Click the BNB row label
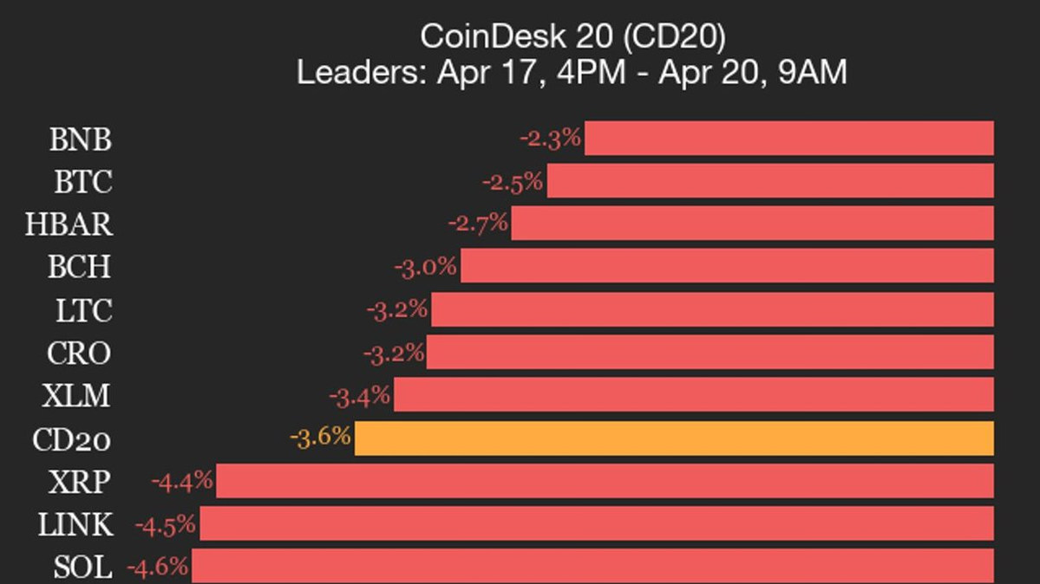[x=80, y=140]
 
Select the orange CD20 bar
[x=674, y=438]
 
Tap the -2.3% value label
[x=550, y=138]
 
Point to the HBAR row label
[x=69, y=224]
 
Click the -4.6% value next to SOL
[x=158, y=568]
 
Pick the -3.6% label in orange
[x=320, y=437]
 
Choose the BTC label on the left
[x=83, y=182]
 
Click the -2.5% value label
[x=513, y=182]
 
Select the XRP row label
[x=80, y=482]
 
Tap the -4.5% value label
[x=166, y=525]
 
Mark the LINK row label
[x=75, y=525]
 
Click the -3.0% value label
[x=425, y=267]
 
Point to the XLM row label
[x=76, y=396]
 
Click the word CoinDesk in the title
[x=479, y=36]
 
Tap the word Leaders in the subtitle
[x=360, y=73]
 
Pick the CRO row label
[x=79, y=354]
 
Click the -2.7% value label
[x=478, y=224]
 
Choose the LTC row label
[x=84, y=310]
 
